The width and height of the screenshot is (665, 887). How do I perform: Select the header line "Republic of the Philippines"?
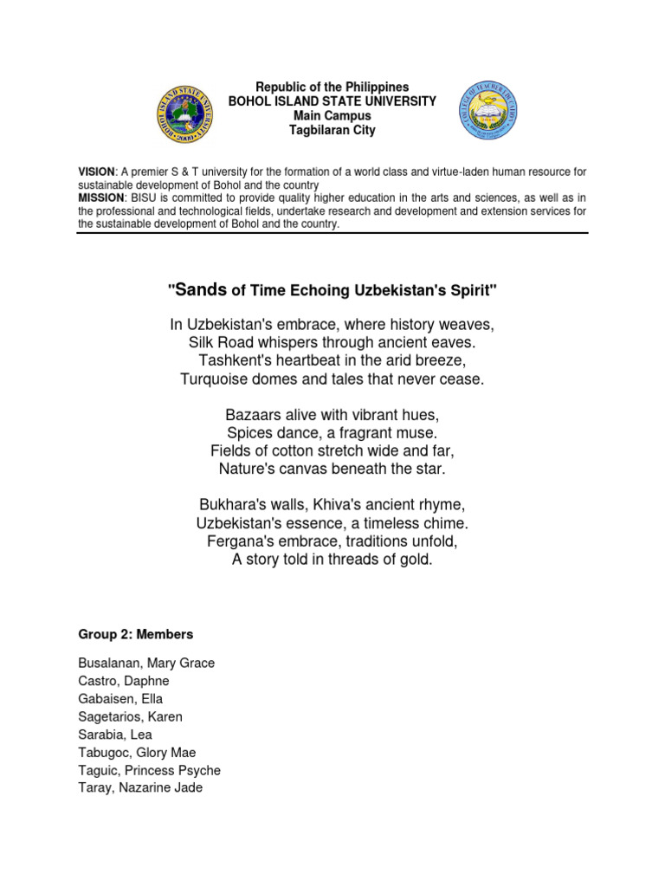(332, 87)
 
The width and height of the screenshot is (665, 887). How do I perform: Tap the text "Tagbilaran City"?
(332, 130)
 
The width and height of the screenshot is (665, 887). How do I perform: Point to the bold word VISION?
(96, 172)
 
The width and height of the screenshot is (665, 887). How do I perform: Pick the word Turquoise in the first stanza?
(215, 379)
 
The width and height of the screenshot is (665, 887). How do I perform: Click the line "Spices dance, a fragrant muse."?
(332, 432)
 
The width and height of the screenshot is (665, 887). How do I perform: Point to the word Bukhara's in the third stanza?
(232, 505)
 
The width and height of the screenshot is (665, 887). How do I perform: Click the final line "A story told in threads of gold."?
(332, 560)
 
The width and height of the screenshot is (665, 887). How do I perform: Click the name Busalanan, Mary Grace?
(146, 663)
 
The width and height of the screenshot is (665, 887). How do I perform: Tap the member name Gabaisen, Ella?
(120, 698)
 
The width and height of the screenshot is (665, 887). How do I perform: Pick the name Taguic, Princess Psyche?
(149, 770)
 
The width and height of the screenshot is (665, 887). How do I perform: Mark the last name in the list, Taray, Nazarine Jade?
(140, 788)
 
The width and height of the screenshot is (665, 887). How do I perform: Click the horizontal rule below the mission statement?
(332, 232)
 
